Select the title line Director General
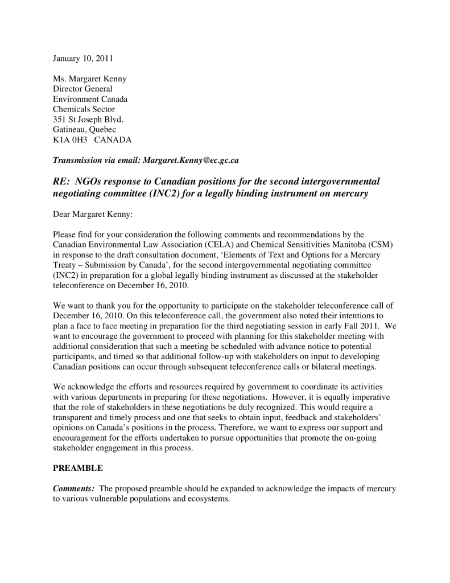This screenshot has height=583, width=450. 82,89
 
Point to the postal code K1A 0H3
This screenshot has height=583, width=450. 68,140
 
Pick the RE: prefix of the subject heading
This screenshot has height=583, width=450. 63,181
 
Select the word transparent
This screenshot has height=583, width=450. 75,417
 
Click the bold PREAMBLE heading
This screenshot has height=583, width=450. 78,468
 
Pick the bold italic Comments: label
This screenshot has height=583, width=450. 73,488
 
